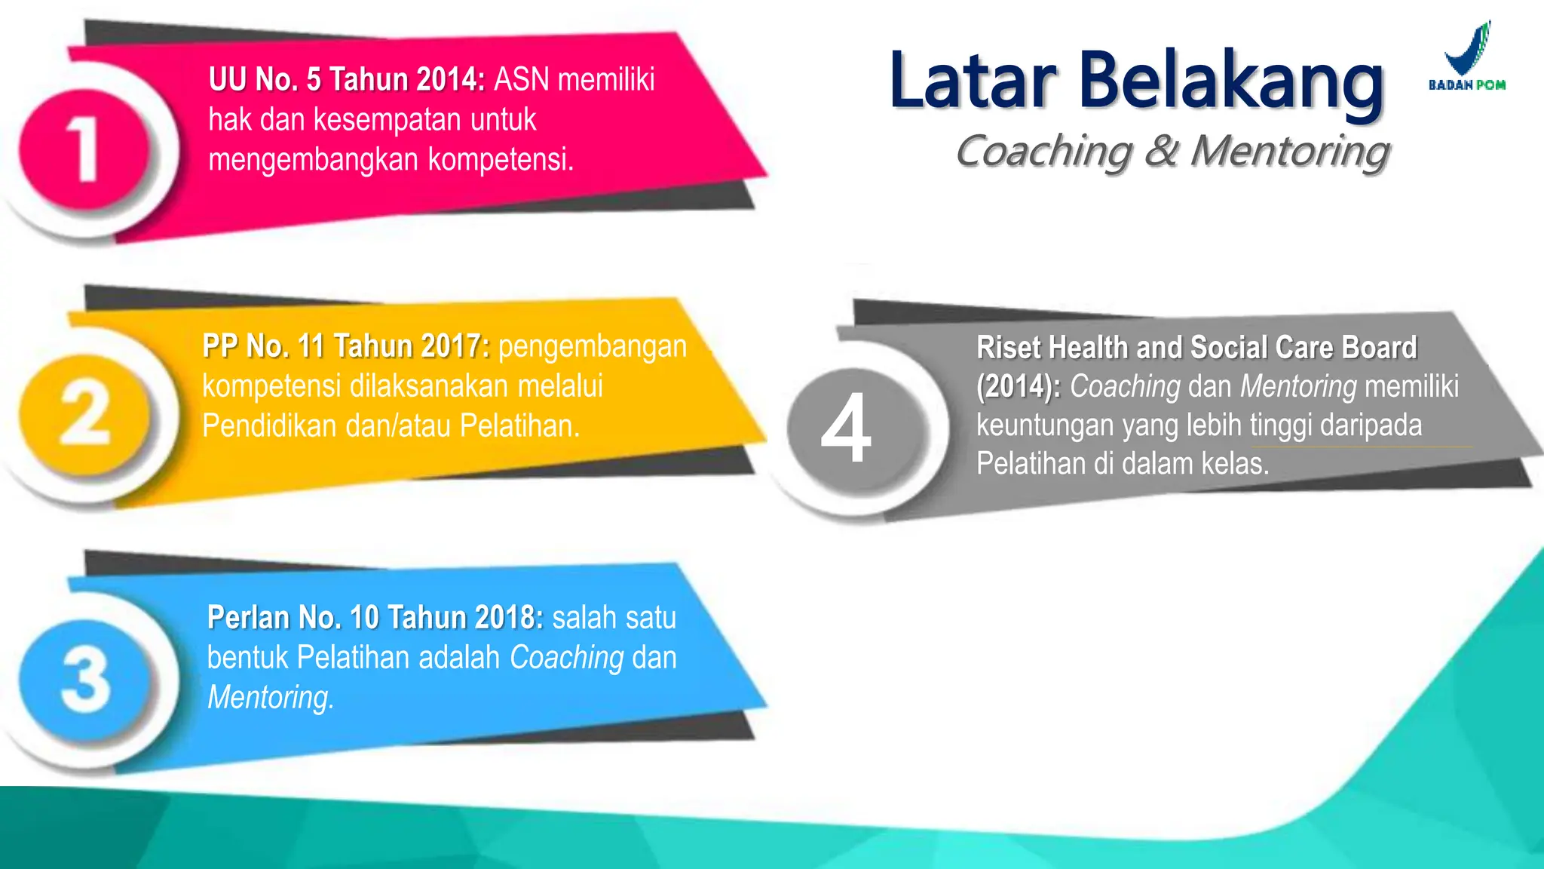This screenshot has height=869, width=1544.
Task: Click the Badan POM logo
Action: [1467, 57]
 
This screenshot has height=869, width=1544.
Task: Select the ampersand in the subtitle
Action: [1161, 150]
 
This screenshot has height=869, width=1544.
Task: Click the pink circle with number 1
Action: [83, 149]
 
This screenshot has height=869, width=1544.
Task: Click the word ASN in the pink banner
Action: [521, 79]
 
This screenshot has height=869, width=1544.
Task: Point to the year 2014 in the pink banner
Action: [450, 79]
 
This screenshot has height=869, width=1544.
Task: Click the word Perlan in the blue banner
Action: [248, 618]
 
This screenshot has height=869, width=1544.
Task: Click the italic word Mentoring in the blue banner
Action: [270, 698]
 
